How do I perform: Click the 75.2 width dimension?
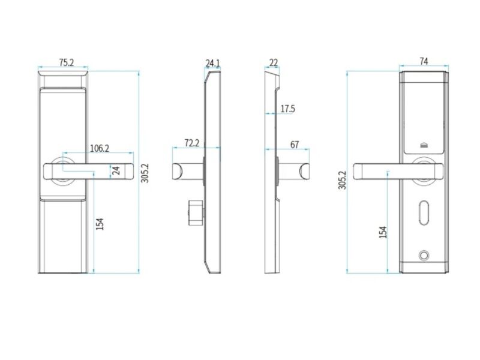coord(67,63)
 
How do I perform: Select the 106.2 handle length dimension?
coord(100,148)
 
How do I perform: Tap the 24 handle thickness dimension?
coord(116,171)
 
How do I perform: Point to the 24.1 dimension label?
coord(212,63)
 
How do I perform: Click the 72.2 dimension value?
coord(192,143)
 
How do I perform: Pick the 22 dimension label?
coord(274,62)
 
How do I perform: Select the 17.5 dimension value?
coord(288,109)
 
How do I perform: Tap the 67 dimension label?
coord(295,145)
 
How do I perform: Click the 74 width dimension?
coord(424,62)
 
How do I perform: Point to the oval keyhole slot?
coord(424,213)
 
